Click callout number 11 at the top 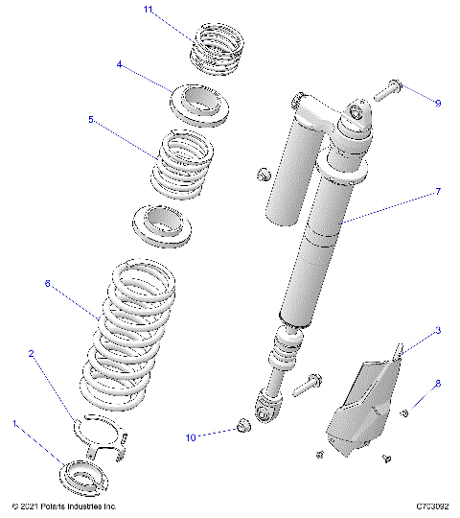[x=148, y=10]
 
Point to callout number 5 [x=118, y=120]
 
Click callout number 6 [x=47, y=283]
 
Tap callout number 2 [x=32, y=354]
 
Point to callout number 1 [x=14, y=422]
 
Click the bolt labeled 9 [x=387, y=91]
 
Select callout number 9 [x=438, y=103]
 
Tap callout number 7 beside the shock [x=438, y=192]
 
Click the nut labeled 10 [x=242, y=425]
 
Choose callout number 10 [x=190, y=437]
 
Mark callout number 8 [x=438, y=384]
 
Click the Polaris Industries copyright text [x=63, y=506]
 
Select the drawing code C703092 [x=432, y=506]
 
